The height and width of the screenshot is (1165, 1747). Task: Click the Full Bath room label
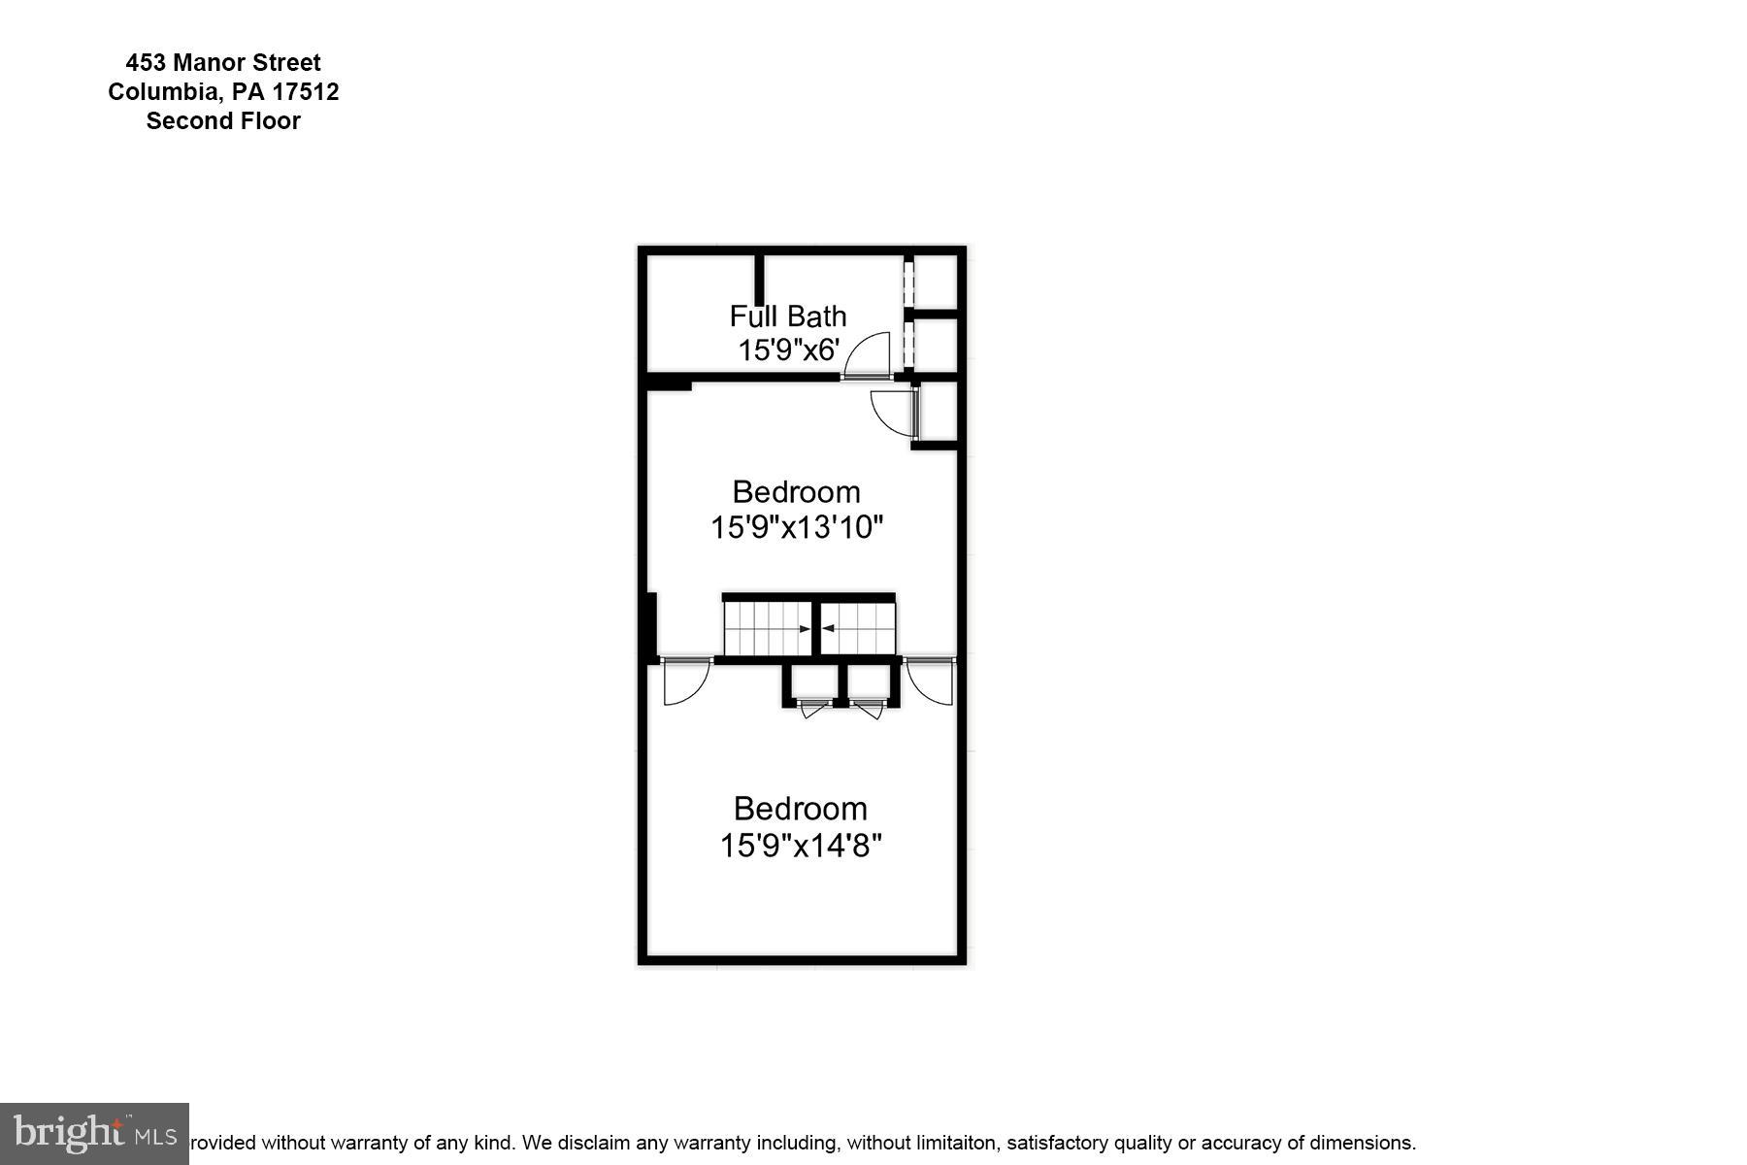click(787, 316)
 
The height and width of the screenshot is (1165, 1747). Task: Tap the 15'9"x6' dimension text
click(787, 350)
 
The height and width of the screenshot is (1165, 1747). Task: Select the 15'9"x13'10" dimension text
click(796, 527)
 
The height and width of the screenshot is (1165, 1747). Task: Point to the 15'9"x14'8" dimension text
click(800, 846)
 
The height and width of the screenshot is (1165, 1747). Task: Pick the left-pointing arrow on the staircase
click(828, 629)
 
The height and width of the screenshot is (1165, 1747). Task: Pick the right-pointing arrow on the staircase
click(805, 629)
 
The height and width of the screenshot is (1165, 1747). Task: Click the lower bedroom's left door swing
click(684, 682)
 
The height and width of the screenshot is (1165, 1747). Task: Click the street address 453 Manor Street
click(223, 63)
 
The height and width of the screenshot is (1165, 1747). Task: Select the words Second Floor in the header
click(223, 121)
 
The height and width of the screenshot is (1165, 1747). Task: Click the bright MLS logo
click(94, 1133)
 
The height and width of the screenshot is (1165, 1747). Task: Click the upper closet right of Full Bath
click(936, 282)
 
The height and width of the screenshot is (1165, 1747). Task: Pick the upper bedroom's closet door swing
click(892, 412)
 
